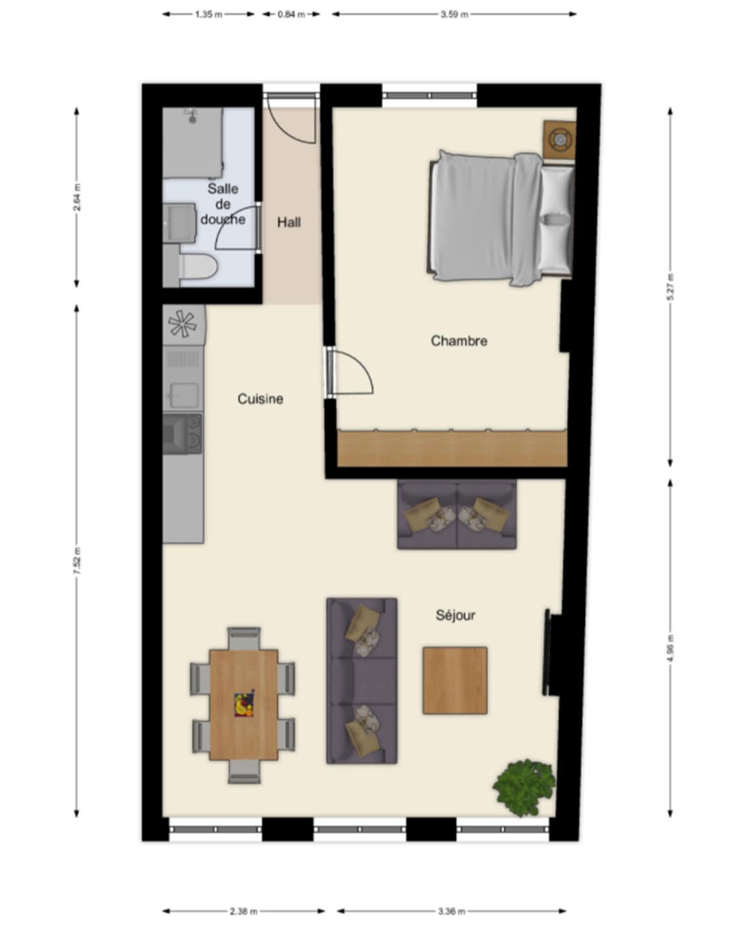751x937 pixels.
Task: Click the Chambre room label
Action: [459, 340]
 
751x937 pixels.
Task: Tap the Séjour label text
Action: [455, 616]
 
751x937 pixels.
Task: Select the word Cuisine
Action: [260, 399]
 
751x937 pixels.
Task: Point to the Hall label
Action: [289, 223]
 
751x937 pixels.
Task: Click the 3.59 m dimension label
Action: [454, 14]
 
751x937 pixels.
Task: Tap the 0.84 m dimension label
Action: [291, 14]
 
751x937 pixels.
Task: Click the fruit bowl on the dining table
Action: [244, 705]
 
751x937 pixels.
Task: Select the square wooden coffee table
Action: [455, 680]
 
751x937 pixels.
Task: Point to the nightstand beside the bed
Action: [560, 141]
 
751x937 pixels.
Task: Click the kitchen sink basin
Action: [184, 395]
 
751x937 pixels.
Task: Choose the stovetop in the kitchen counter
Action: [182, 433]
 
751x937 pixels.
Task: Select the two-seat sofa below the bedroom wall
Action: [457, 514]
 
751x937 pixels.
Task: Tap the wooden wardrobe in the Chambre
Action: [452, 448]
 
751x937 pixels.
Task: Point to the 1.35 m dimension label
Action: [208, 14]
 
